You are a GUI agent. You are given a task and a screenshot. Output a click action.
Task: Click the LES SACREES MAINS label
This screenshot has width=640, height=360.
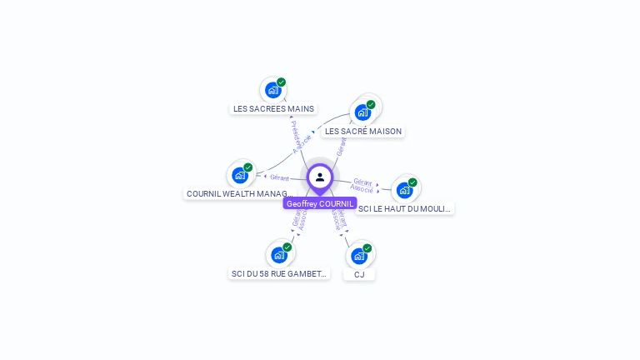tap(273, 108)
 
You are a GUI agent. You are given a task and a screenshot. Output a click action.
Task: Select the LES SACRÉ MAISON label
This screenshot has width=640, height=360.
tap(363, 131)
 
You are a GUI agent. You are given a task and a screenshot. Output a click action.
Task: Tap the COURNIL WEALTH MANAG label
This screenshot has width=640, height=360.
tap(237, 193)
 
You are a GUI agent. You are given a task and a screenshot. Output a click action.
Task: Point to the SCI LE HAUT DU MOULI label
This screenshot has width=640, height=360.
tap(405, 208)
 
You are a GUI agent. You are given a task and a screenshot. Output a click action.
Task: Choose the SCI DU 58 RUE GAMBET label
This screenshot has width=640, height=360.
tap(279, 273)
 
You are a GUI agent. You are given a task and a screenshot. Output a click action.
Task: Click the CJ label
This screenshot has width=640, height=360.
tap(359, 274)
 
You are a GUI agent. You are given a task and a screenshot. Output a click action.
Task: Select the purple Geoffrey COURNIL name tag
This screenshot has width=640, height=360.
tap(320, 203)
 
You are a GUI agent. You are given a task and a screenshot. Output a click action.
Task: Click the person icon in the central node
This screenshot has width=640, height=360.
tap(320, 177)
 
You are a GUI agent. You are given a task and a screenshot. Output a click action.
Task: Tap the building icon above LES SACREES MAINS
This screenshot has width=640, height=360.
tap(272, 90)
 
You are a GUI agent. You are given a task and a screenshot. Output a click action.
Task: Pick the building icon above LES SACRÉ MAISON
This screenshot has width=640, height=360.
tap(362, 112)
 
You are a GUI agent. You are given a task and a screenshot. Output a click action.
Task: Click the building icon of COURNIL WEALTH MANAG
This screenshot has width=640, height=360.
tap(240, 175)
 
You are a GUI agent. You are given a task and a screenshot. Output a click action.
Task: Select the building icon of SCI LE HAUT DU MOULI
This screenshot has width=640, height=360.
tap(404, 190)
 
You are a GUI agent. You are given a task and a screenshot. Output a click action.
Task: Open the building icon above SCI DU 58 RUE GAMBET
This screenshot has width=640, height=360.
tap(278, 255)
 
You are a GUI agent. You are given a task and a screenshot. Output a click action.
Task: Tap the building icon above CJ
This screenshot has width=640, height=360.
tap(358, 256)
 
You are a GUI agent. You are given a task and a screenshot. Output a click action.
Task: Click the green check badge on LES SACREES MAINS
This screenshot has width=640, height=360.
tap(282, 82)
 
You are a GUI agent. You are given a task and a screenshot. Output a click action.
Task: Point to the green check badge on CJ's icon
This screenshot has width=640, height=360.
tap(367, 247)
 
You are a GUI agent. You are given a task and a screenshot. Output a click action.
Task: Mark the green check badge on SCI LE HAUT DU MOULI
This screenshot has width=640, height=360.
tap(412, 182)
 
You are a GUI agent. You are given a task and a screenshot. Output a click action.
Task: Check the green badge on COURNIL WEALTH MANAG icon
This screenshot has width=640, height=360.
tap(248, 167)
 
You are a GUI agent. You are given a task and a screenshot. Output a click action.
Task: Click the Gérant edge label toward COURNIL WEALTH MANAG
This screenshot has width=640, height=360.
tap(279, 177)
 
